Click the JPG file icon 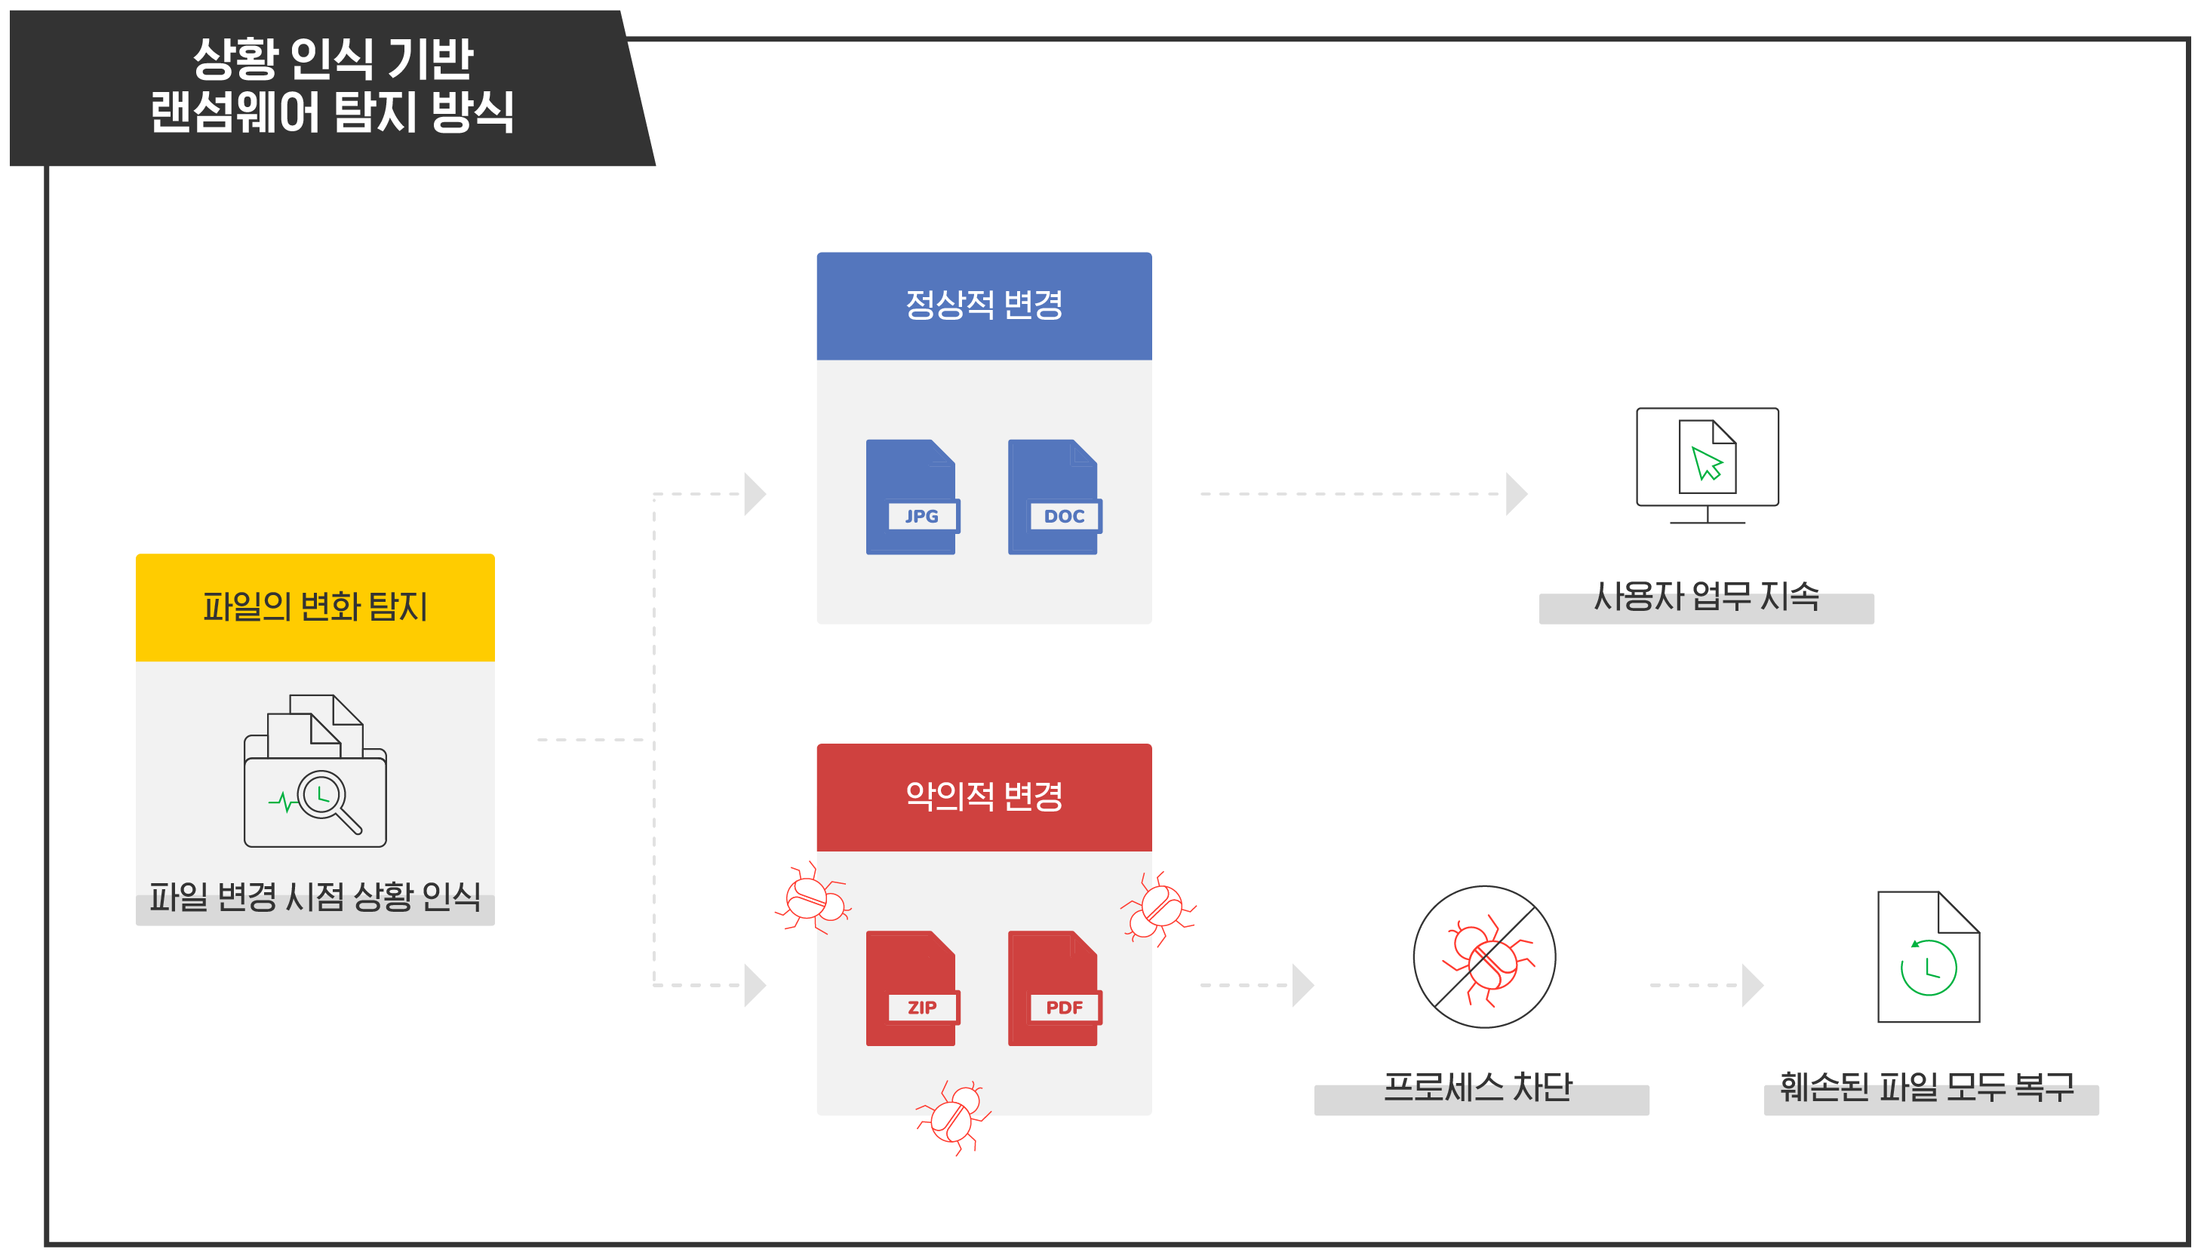(x=911, y=497)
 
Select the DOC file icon (x=1053, y=497)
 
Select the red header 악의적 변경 (x=983, y=796)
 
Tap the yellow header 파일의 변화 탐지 (x=315, y=607)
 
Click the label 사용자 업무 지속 (x=1706, y=597)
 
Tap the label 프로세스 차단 (x=1477, y=1088)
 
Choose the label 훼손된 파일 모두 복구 (x=1927, y=1088)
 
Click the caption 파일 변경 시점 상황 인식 (x=315, y=897)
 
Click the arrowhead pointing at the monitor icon (x=1516, y=494)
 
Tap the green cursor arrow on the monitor (x=1706, y=463)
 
